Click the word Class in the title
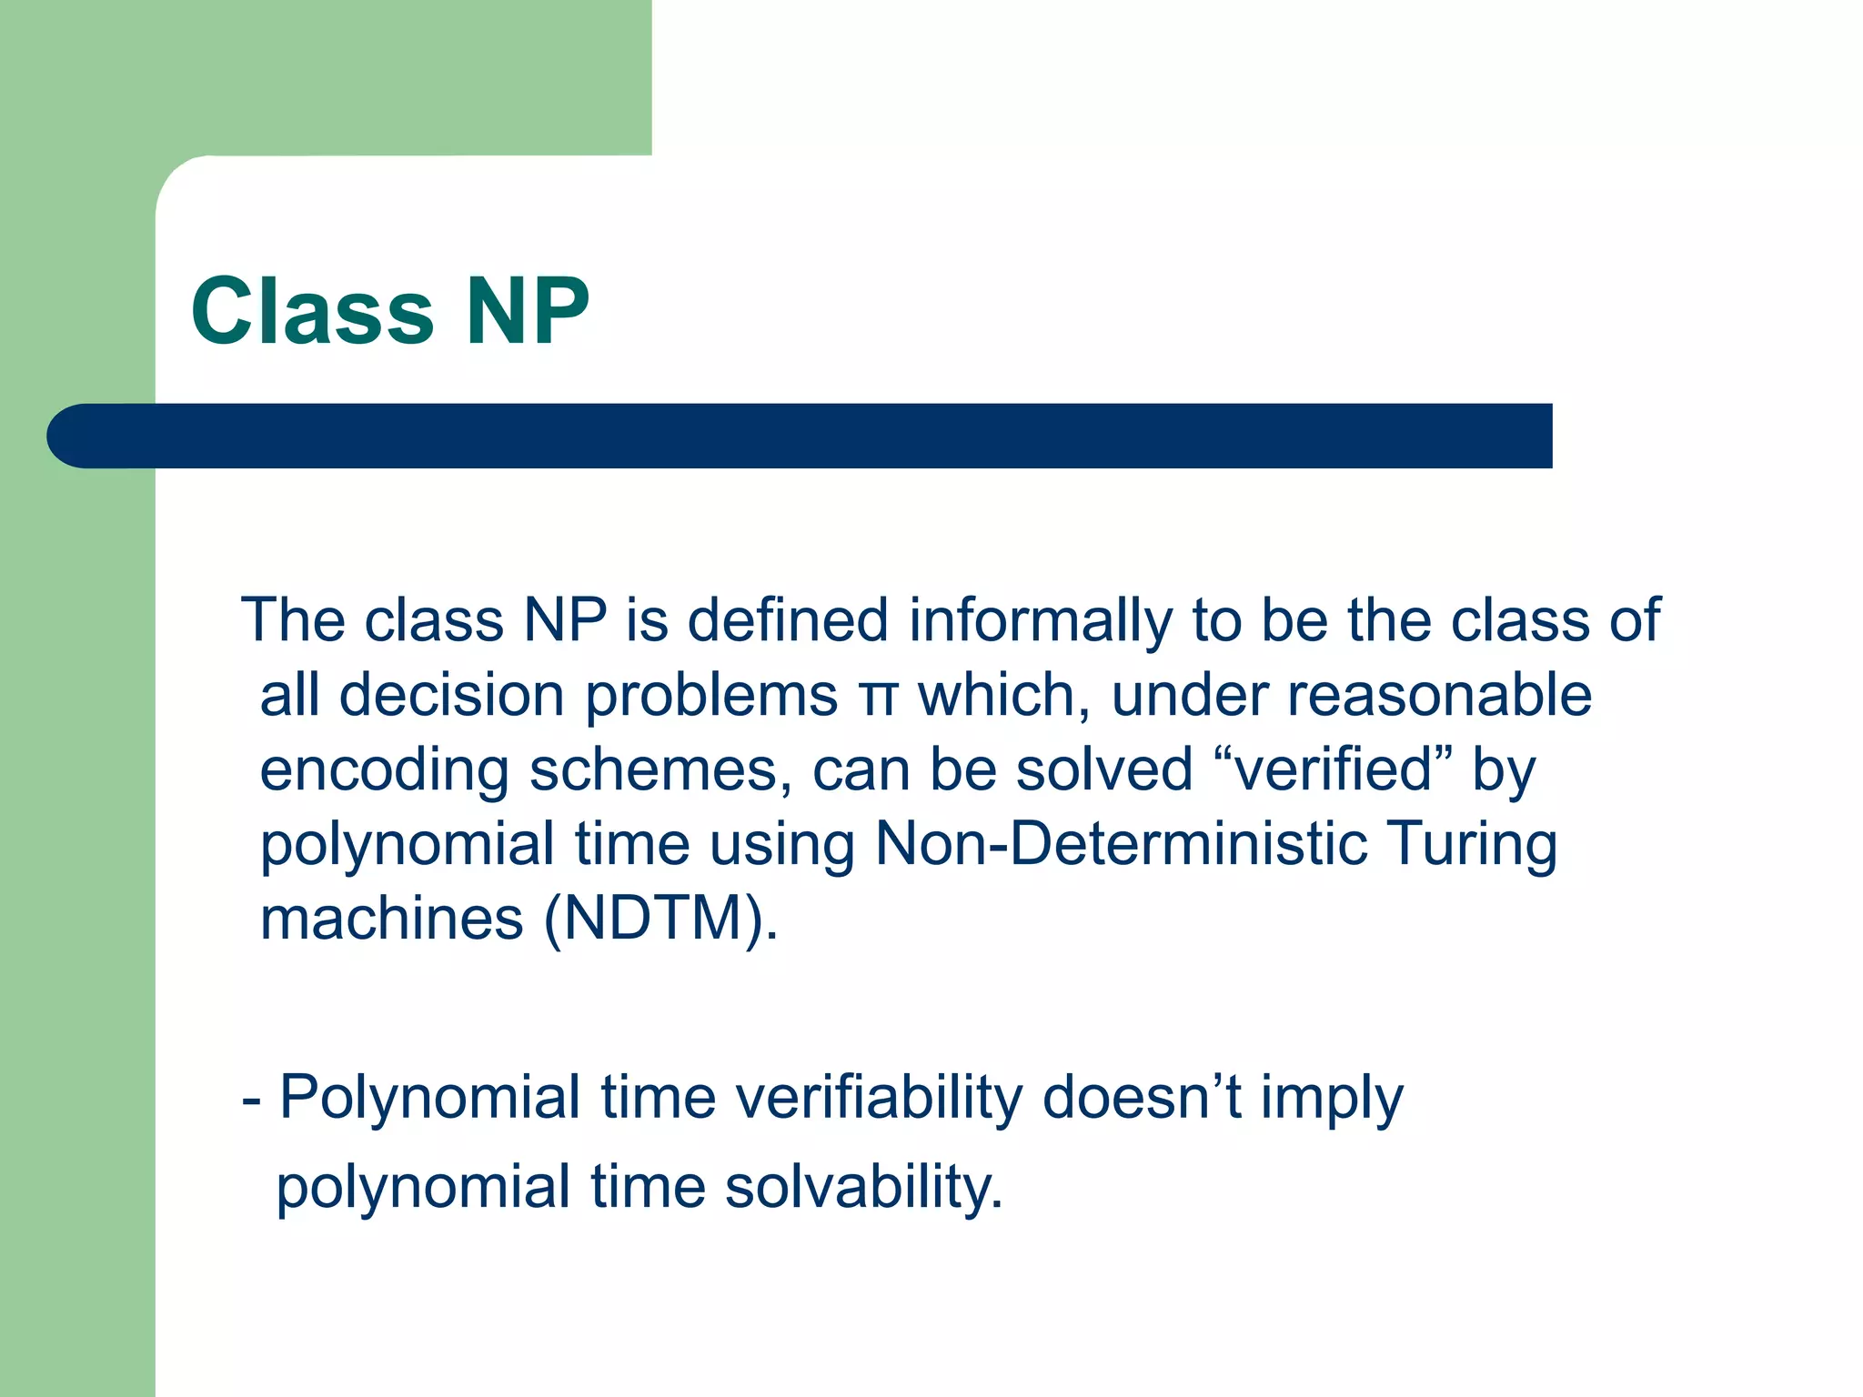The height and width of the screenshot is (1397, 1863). (x=312, y=311)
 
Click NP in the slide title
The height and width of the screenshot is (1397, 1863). (x=527, y=311)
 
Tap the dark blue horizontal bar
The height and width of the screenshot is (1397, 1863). (x=801, y=436)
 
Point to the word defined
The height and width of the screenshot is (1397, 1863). (x=787, y=620)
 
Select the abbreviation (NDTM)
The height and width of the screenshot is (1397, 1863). (x=661, y=919)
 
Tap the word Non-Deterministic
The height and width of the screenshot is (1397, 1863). (x=1121, y=844)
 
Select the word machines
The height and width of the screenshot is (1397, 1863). (x=391, y=919)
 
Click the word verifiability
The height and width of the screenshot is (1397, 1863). (x=879, y=1099)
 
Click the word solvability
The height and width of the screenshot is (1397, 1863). (x=864, y=1188)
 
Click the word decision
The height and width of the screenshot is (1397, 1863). (x=451, y=697)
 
